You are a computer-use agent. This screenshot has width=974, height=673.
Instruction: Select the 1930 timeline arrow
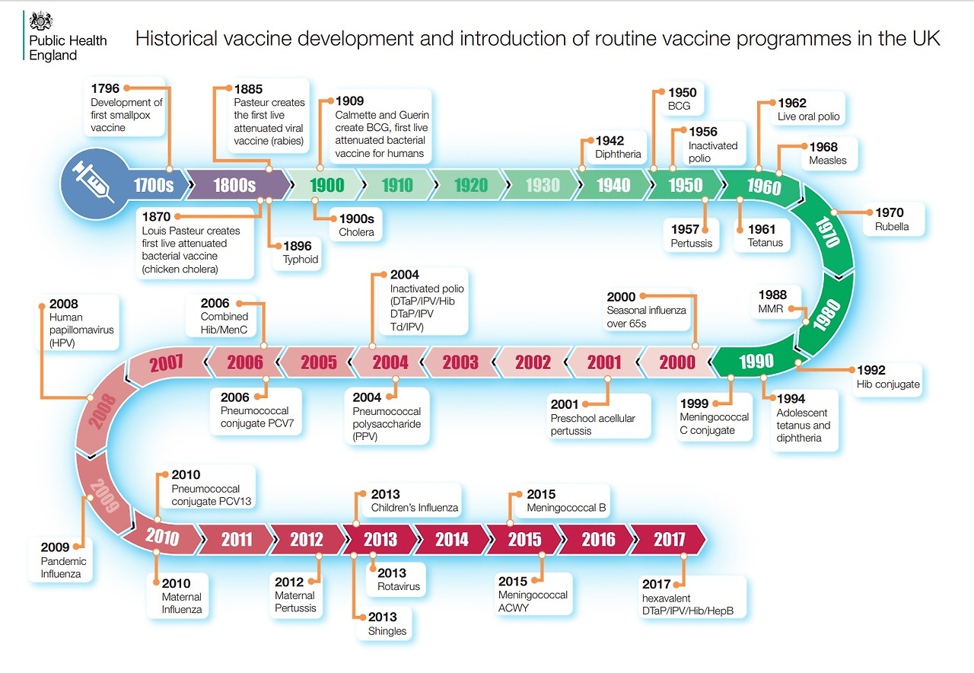pyautogui.click(x=543, y=185)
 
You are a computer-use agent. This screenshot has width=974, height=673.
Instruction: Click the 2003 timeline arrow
pyautogui.click(x=460, y=362)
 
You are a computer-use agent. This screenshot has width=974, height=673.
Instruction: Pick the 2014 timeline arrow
pyautogui.click(x=452, y=540)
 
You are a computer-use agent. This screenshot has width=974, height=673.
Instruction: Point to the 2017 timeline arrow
pyautogui.click(x=669, y=540)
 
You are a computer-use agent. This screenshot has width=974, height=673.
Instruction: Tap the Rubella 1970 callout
pyautogui.click(x=892, y=219)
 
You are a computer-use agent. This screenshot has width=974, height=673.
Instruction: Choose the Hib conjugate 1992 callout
pyautogui.click(x=887, y=377)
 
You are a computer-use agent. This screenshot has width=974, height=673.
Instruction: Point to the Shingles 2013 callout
pyautogui.click(x=387, y=624)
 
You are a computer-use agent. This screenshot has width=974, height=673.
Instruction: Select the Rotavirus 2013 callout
pyautogui.click(x=398, y=579)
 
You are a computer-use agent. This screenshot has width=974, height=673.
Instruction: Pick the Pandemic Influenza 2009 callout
pyautogui.click(x=63, y=560)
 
